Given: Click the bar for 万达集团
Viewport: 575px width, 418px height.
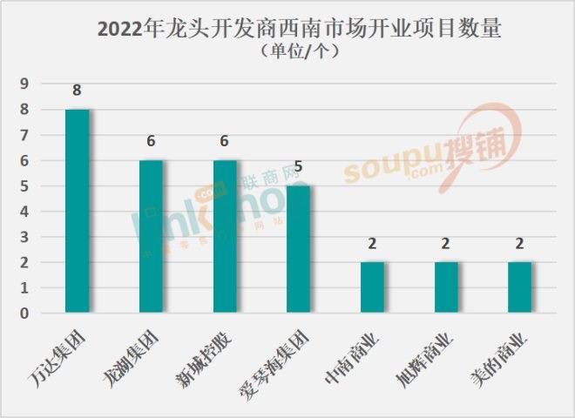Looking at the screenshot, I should tap(78, 211).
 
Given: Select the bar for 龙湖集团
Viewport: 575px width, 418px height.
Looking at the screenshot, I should tap(151, 236).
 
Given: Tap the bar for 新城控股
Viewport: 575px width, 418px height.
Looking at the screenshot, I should tap(225, 236).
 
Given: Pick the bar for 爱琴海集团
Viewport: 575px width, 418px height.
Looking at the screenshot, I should tap(298, 249).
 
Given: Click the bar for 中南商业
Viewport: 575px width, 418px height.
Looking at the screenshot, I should tap(372, 287).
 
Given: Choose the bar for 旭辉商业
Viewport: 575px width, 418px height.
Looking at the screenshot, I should tap(446, 287).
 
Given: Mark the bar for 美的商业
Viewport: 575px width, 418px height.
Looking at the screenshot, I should tap(519, 287).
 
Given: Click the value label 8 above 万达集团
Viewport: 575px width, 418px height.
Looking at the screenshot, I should tap(78, 90).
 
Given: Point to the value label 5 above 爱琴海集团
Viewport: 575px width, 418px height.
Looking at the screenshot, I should tap(298, 166).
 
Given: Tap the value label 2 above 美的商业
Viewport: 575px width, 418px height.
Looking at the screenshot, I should tap(519, 243).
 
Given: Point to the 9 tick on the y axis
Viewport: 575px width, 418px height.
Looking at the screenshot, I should tap(25, 84).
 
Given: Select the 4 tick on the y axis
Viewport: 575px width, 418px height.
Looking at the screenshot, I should tap(25, 212).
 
